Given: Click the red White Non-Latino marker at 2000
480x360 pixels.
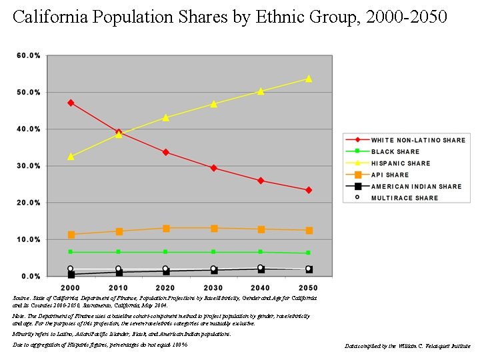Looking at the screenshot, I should tap(71, 103).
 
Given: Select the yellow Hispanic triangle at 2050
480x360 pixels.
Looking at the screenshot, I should tap(309, 79).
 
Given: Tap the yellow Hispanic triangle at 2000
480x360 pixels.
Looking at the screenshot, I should tap(71, 157).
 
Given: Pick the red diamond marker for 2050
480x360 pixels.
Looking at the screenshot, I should tap(309, 190).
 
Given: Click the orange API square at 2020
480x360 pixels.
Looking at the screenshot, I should tap(166, 229).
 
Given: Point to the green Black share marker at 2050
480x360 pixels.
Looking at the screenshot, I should tap(309, 253).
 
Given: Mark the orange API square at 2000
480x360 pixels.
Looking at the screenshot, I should tap(71, 235).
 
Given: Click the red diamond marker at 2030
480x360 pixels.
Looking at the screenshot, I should tap(213, 168).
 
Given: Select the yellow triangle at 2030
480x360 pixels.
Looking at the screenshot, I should tap(213, 104).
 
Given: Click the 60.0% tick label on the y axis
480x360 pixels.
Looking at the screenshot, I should tap(29, 55).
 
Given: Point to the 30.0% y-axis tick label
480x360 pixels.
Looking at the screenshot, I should tap(29, 166).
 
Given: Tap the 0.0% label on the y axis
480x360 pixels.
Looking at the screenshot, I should tap(31, 276).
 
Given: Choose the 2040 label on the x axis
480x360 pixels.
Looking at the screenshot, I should tap(261, 287).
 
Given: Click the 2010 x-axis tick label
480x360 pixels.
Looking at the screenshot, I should tap(118, 287).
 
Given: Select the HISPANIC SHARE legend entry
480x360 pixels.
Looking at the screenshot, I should tap(400, 163).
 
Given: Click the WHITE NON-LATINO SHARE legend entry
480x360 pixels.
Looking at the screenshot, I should tap(418, 141).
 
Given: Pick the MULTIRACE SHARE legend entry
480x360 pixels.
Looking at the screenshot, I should tap(405, 198).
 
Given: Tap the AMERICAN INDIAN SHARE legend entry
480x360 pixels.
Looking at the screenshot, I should tap(416, 187).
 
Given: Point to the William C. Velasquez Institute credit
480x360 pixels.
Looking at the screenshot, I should tap(407, 347).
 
